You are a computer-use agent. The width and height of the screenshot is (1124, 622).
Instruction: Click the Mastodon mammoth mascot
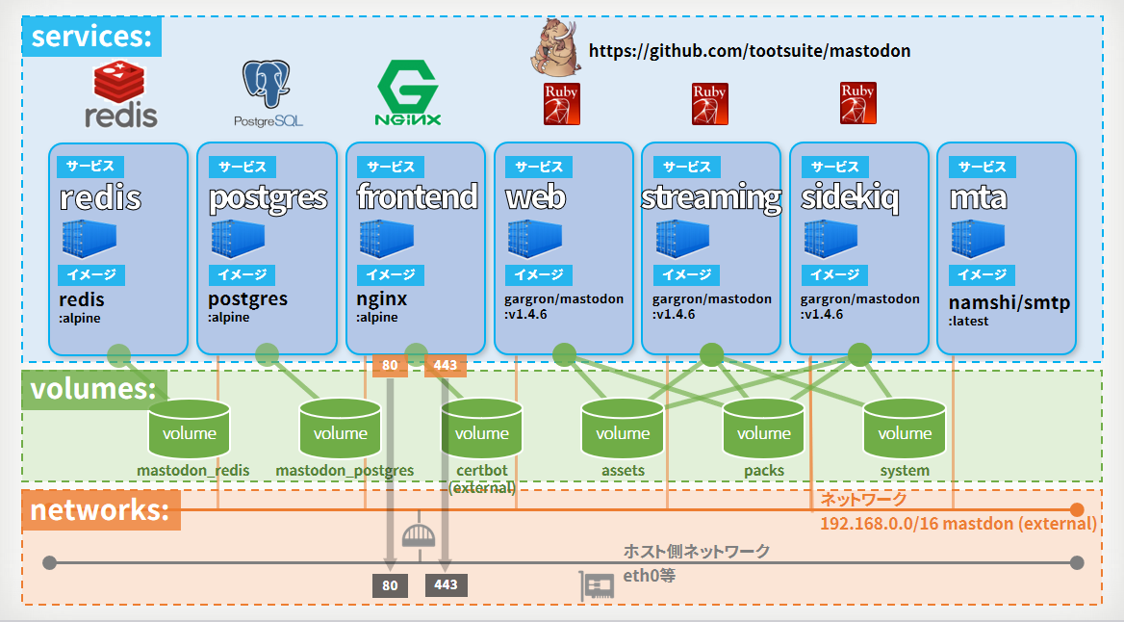pyautogui.click(x=555, y=47)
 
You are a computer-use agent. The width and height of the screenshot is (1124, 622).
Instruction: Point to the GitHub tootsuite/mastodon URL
pyautogui.click(x=749, y=51)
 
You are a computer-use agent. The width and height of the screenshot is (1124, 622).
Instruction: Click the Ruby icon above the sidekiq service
pyautogui.click(x=858, y=103)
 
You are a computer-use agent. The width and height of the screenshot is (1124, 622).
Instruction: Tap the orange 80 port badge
pyautogui.click(x=390, y=365)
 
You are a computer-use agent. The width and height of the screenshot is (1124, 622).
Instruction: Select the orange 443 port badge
pyautogui.click(x=446, y=365)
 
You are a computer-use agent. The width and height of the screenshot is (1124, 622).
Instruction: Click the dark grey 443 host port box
pyautogui.click(x=446, y=584)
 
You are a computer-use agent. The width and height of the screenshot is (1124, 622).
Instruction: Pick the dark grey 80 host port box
pyautogui.click(x=390, y=585)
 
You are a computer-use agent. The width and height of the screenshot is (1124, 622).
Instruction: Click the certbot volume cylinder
pyautogui.click(x=482, y=429)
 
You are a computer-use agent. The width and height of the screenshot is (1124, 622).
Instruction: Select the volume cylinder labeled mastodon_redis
pyautogui.click(x=190, y=429)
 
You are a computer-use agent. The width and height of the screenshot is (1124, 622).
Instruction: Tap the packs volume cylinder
pyautogui.click(x=763, y=429)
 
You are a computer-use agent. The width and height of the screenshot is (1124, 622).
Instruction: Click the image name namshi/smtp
pyautogui.click(x=1009, y=302)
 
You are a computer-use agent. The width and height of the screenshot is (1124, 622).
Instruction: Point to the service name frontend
pyautogui.click(x=418, y=196)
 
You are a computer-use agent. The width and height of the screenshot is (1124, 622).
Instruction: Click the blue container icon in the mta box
pyautogui.click(x=978, y=239)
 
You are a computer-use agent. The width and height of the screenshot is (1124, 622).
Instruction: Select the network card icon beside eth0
pyautogui.click(x=597, y=586)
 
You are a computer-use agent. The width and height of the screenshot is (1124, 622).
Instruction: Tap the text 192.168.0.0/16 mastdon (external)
pyautogui.click(x=958, y=524)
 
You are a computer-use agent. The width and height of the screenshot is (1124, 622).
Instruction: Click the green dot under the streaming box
pyautogui.click(x=712, y=355)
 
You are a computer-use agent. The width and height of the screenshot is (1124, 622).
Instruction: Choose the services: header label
pyautogui.click(x=91, y=37)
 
